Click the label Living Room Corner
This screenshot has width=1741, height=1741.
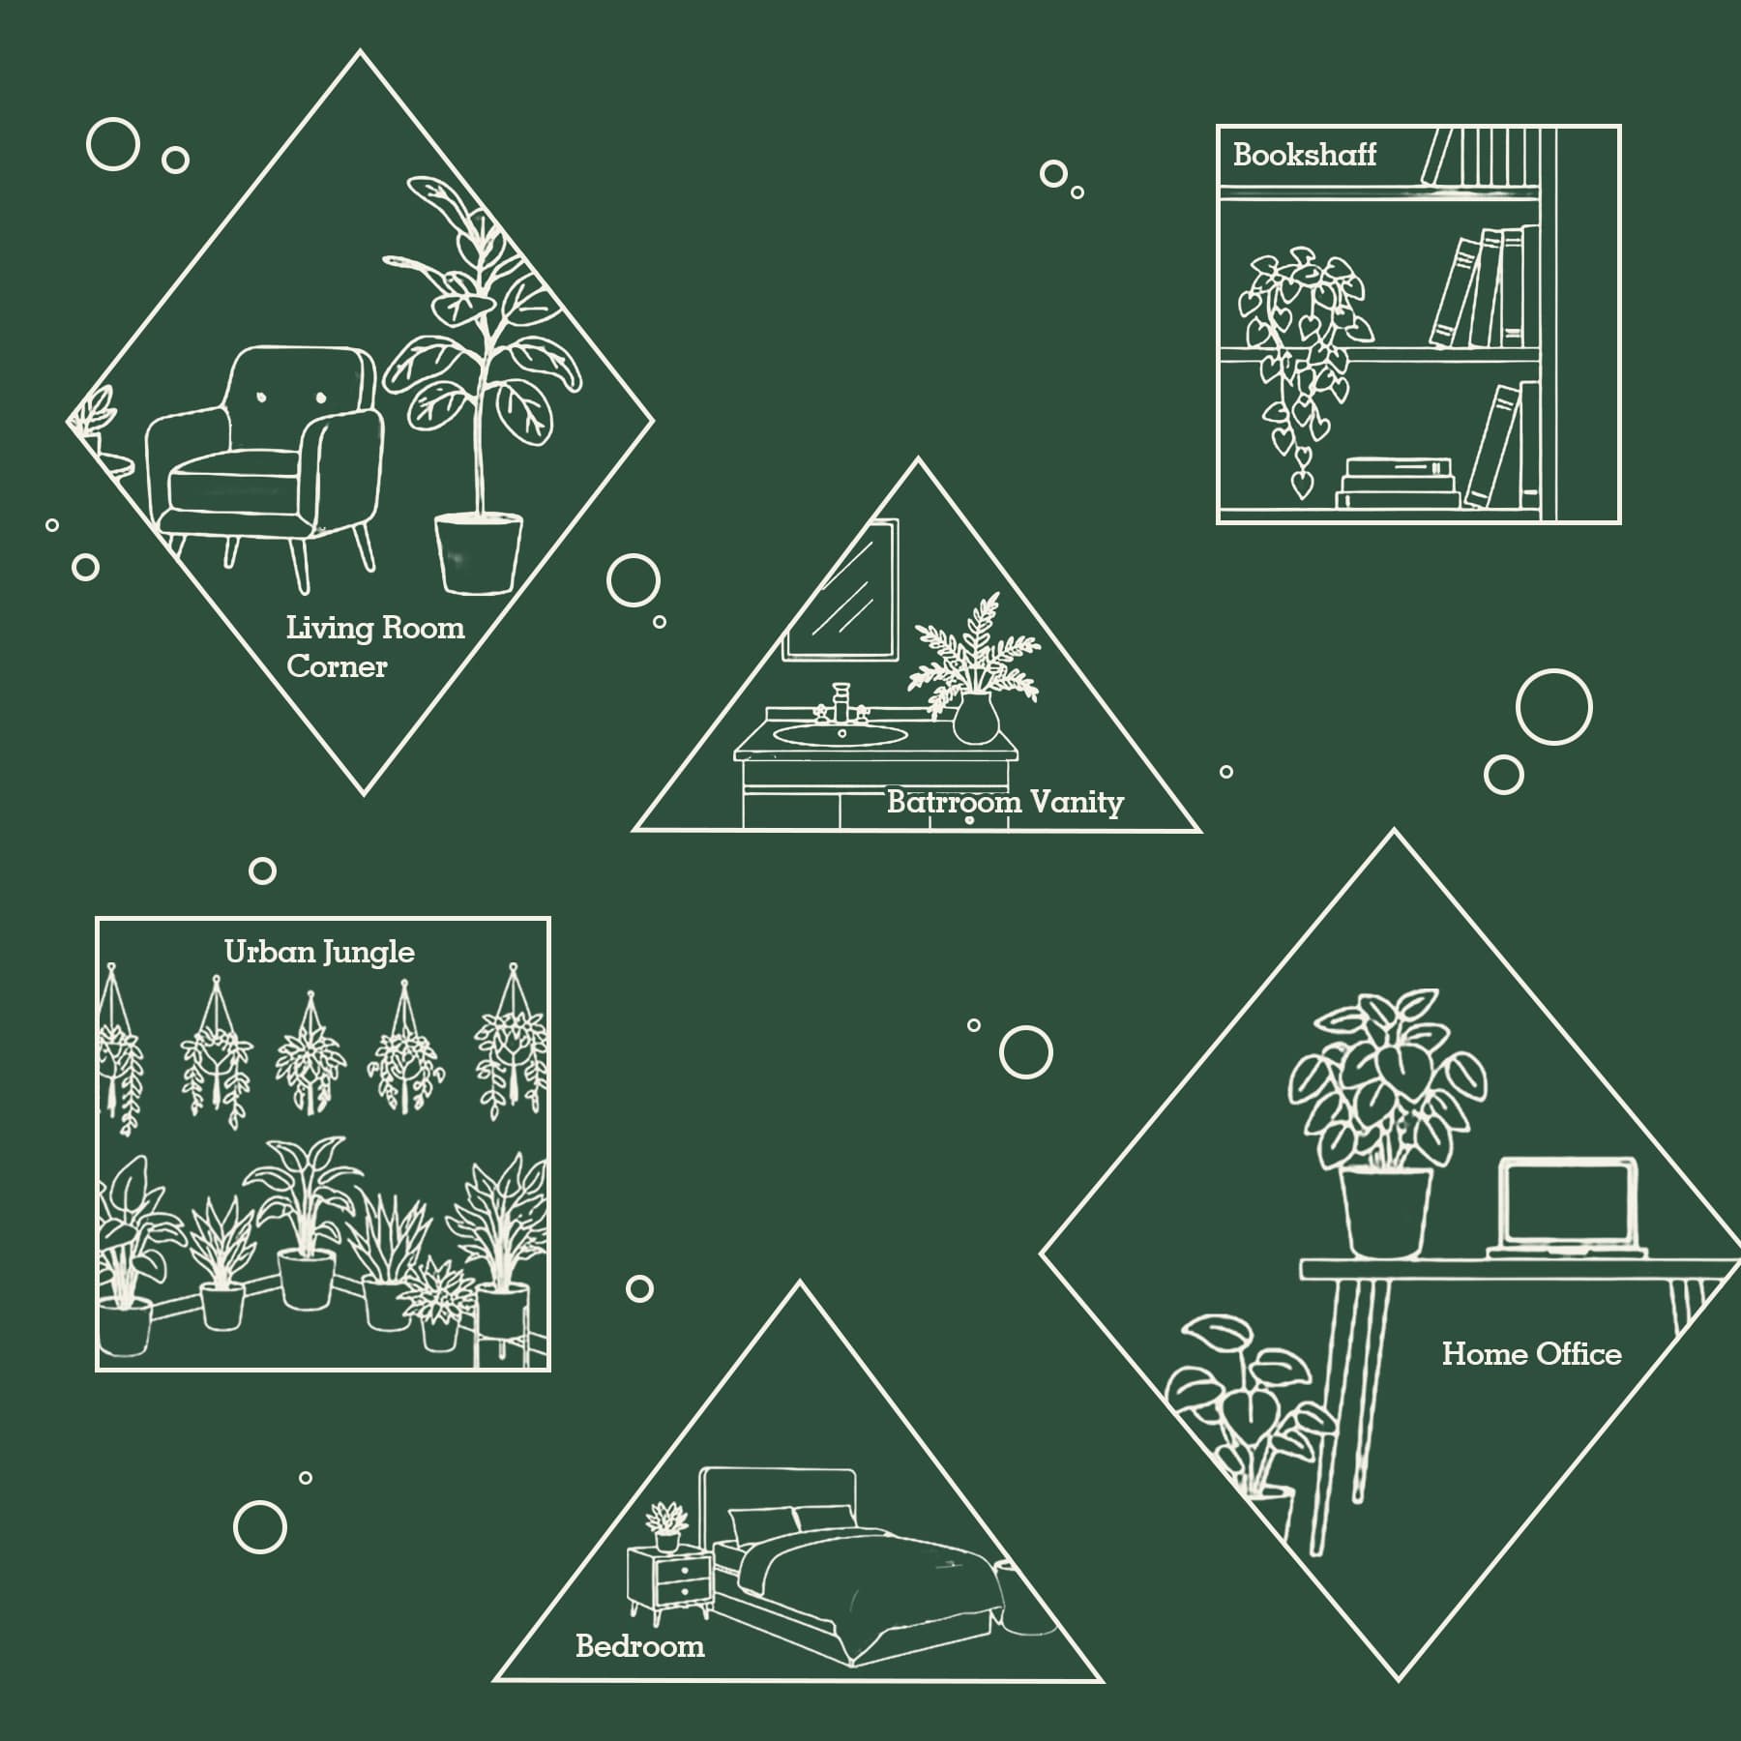[375, 647]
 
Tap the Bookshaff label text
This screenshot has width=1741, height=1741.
[1304, 155]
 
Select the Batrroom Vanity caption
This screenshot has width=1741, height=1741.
[1005, 802]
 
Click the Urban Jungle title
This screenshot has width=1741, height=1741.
[319, 952]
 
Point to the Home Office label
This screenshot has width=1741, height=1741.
[1531, 1353]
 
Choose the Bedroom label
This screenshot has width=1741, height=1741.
[639, 1645]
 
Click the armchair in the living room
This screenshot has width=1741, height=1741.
[264, 464]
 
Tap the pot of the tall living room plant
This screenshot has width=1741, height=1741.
[478, 552]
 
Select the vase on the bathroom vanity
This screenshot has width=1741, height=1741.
[976, 719]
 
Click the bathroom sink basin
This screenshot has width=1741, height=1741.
[841, 735]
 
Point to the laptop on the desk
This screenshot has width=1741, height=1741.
[1567, 1209]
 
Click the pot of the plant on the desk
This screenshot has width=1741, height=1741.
[1385, 1213]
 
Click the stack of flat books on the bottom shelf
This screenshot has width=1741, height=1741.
[1398, 483]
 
